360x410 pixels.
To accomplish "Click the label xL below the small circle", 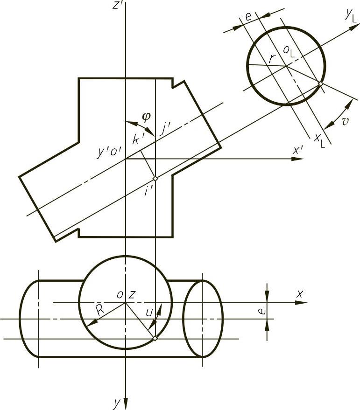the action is pyautogui.click(x=320, y=141).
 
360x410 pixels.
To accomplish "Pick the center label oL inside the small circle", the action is pyautogui.click(x=289, y=51).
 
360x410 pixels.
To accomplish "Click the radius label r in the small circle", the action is pyautogui.click(x=271, y=60).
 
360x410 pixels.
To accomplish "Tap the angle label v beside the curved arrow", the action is pyautogui.click(x=346, y=121).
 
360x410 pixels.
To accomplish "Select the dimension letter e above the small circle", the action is pyautogui.click(x=248, y=16).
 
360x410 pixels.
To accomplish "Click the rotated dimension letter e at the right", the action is pyautogui.click(x=262, y=311).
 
